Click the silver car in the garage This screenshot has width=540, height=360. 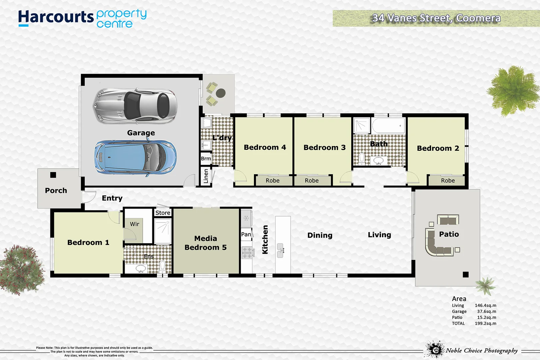click(x=135, y=106)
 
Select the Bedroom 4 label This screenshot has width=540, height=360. click(x=265, y=147)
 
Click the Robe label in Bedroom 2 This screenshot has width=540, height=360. click(x=448, y=181)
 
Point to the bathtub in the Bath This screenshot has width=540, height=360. click(x=388, y=126)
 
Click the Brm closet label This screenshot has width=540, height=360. click(x=206, y=159)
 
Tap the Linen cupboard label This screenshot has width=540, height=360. click(x=206, y=176)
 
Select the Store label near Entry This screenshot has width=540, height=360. click(x=163, y=213)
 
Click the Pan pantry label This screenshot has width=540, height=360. click(x=246, y=234)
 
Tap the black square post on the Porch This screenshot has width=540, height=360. click(x=53, y=175)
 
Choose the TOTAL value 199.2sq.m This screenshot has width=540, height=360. click(x=485, y=323)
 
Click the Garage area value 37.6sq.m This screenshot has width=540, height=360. click(x=486, y=311)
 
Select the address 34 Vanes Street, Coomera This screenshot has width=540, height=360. click(x=436, y=18)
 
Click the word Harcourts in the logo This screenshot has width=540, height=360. click(x=56, y=17)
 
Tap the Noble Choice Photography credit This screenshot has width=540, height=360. click(x=482, y=350)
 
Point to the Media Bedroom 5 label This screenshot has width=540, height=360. click(x=205, y=243)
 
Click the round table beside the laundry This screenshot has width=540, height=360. click(x=221, y=93)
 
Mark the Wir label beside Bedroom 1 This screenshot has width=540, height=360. click(x=134, y=224)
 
